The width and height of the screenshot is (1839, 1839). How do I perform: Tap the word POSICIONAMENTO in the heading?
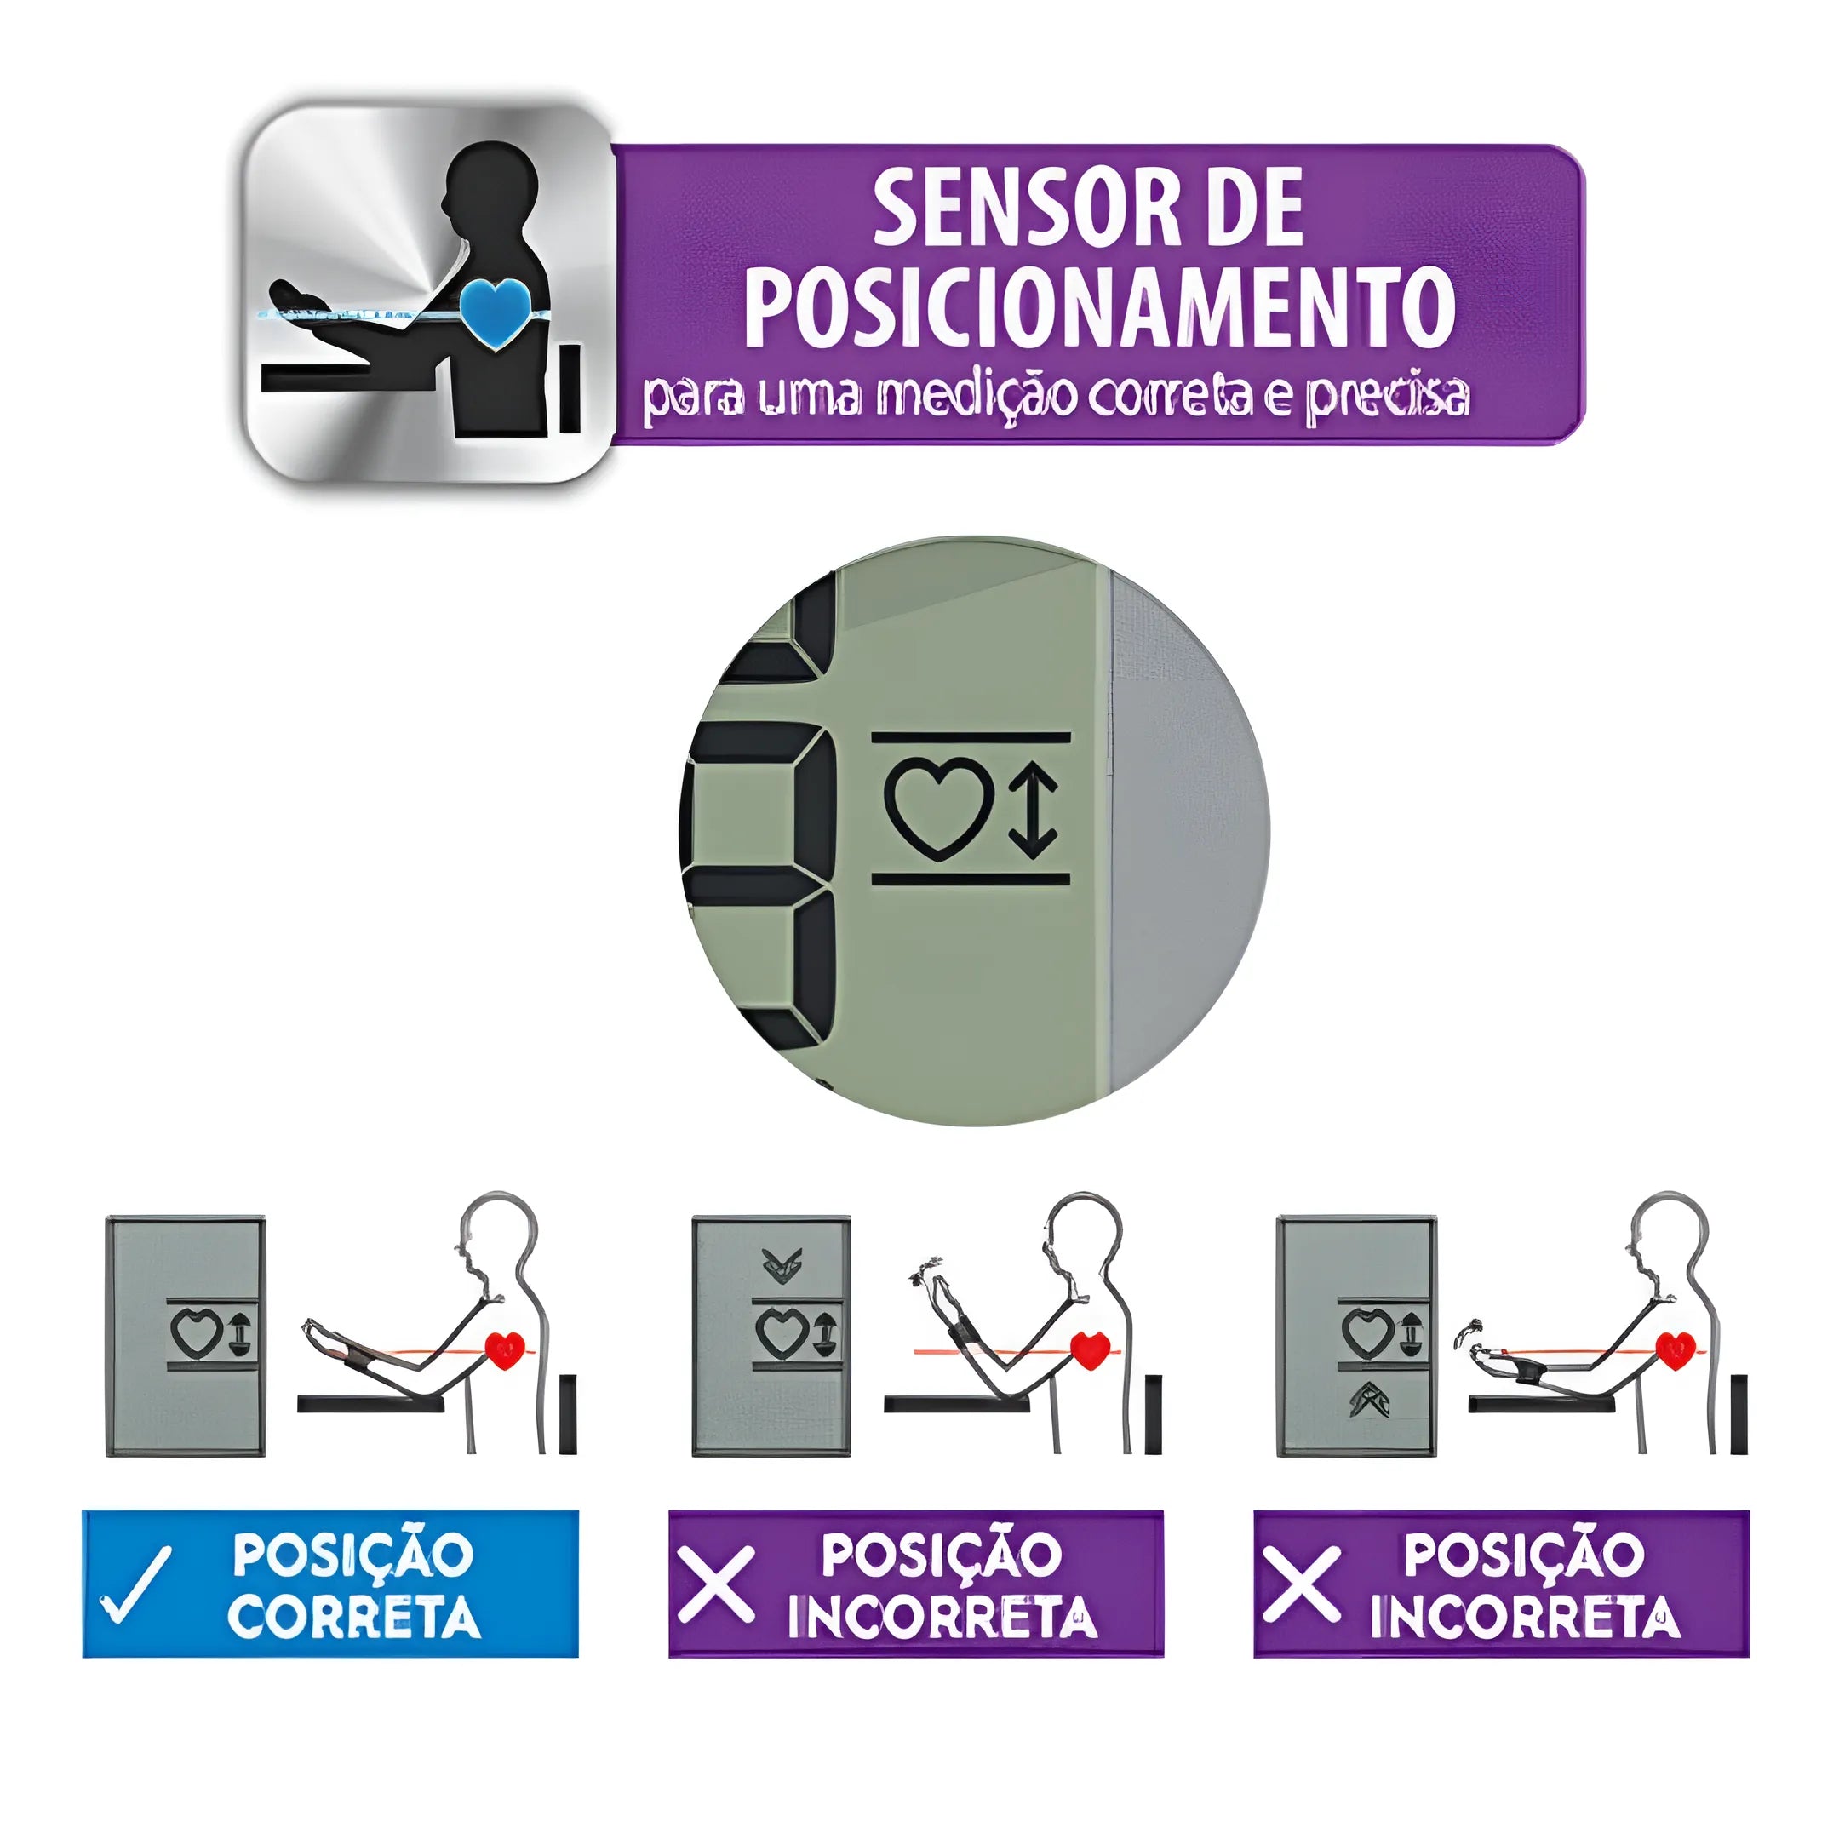[x=1099, y=306]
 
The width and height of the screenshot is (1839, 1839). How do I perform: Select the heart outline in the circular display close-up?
[x=939, y=808]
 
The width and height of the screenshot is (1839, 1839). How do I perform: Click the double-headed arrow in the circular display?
[x=1033, y=808]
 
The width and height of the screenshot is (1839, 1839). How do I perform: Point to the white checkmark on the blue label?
[x=137, y=1584]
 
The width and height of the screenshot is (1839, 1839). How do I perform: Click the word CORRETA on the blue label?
[x=354, y=1616]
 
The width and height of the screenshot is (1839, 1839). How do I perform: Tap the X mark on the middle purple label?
[x=716, y=1584]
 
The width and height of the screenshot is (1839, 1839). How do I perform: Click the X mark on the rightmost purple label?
[x=1301, y=1584]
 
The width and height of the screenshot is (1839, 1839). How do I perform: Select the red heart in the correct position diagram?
[x=506, y=1349]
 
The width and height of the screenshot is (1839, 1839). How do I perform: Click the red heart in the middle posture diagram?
[x=1091, y=1349]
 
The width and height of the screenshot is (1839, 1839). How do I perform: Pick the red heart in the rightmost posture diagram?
[x=1676, y=1349]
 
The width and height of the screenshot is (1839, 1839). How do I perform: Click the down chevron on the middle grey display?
[x=782, y=1265]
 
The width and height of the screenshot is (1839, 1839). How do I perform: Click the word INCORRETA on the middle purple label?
[x=942, y=1616]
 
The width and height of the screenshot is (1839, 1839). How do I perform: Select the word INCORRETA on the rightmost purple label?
[x=1526, y=1616]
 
